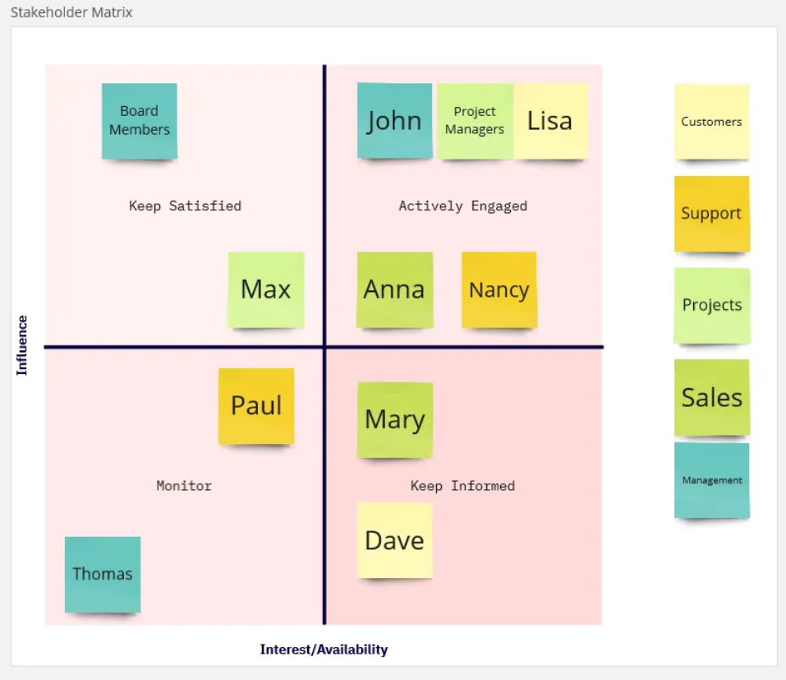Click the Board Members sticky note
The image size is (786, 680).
(x=140, y=121)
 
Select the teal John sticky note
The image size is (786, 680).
(x=394, y=120)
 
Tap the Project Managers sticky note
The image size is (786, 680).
(x=476, y=121)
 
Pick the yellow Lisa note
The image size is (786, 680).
(x=551, y=121)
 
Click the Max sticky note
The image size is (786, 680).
(x=265, y=290)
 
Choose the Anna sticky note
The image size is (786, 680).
(x=394, y=290)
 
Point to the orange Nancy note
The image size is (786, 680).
(x=499, y=290)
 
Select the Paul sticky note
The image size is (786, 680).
(x=256, y=406)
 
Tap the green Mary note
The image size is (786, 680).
(x=394, y=420)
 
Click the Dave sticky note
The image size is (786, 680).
(x=394, y=540)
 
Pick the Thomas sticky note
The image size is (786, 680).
(x=103, y=575)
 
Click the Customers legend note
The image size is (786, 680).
(x=712, y=122)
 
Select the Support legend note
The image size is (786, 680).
(x=712, y=214)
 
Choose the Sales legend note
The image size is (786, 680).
(x=712, y=397)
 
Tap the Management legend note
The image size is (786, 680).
(x=712, y=480)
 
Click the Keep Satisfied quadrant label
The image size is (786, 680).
(x=185, y=206)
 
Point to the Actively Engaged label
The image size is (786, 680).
(x=462, y=206)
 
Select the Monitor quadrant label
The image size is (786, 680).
(x=184, y=485)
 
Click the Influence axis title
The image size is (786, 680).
(x=21, y=345)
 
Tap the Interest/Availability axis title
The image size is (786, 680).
(x=324, y=650)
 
